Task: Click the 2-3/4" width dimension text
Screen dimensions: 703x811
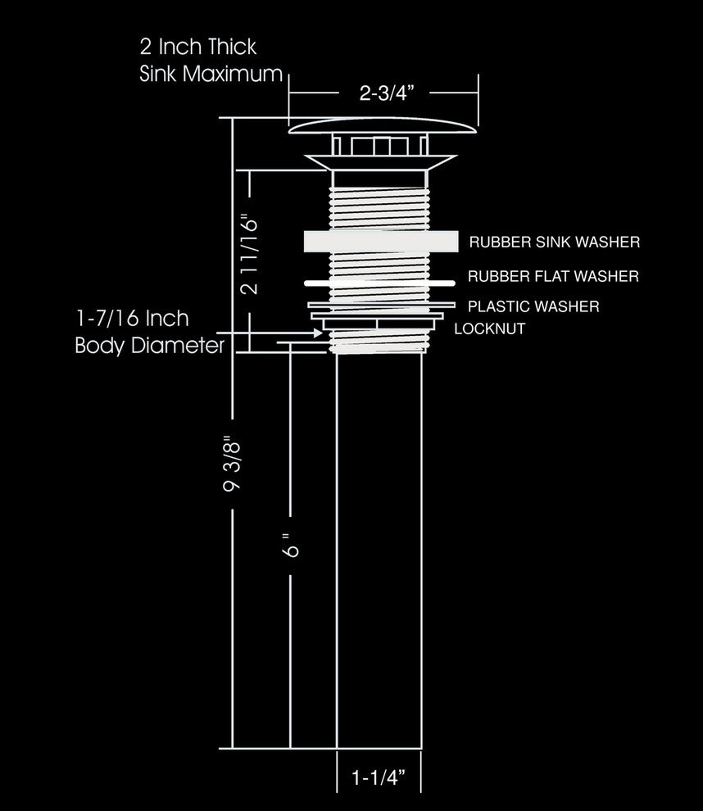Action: (x=387, y=93)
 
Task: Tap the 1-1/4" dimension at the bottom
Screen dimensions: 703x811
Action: (x=379, y=777)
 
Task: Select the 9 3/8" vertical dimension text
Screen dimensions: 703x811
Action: (x=232, y=464)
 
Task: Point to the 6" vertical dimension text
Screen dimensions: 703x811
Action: (x=291, y=545)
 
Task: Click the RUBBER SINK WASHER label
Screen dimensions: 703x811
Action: (x=555, y=242)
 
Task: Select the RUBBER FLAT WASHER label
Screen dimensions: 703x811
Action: (x=554, y=276)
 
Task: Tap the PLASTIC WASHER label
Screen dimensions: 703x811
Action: (x=533, y=306)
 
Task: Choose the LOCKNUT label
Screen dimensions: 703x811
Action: (x=490, y=328)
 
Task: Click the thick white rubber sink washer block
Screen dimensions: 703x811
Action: (x=381, y=242)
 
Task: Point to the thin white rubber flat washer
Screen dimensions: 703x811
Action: (x=379, y=283)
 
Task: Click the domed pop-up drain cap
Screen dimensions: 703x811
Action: (x=383, y=125)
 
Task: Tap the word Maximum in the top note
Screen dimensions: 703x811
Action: (x=232, y=74)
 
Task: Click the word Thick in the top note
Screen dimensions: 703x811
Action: (x=232, y=47)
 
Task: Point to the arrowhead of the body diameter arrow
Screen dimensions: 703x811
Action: (x=318, y=333)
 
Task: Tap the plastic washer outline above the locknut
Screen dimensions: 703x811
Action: (x=381, y=306)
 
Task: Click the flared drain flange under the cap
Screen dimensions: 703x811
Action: (x=380, y=162)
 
